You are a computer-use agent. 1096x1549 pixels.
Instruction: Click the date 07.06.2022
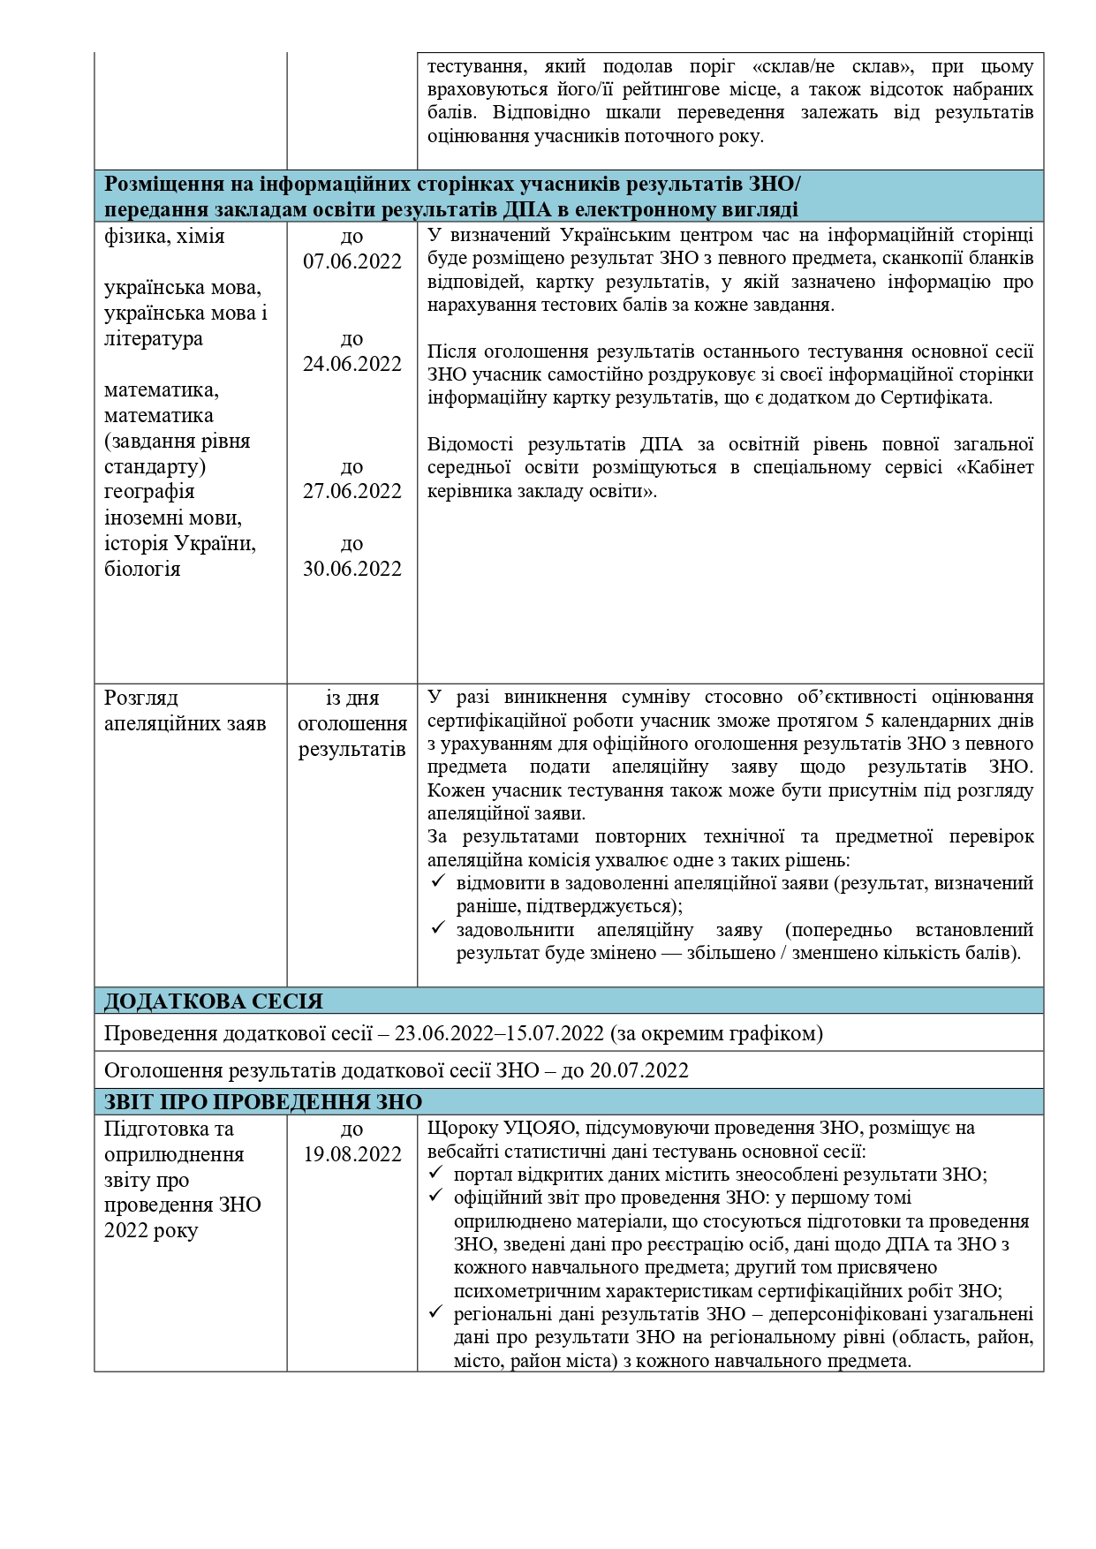351,262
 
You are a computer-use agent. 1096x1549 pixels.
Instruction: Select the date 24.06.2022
351,364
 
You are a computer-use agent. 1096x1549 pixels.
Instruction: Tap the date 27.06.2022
351,491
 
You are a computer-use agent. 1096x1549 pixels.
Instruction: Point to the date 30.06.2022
351,569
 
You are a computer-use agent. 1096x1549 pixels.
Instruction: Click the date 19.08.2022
351,1154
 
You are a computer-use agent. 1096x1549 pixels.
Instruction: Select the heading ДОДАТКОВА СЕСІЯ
214,1001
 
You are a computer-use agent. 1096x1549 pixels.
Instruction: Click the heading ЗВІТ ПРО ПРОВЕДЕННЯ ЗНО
263,1102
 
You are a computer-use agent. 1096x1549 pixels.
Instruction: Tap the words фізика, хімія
164,237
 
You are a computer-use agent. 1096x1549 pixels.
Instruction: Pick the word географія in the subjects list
149,491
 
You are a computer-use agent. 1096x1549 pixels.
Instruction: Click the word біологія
142,569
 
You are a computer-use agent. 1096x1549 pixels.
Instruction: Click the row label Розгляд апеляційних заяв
185,711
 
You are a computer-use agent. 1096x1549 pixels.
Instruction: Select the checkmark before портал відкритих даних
436,1175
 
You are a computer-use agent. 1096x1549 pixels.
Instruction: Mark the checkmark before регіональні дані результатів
436,1313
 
